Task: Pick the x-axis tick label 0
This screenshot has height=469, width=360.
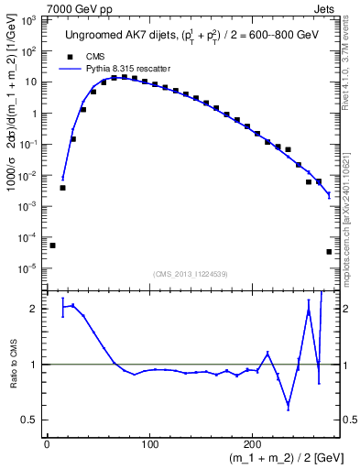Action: (x=47, y=446)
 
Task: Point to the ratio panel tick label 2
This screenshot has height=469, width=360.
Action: (x=37, y=309)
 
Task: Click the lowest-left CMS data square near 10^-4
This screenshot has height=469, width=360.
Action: (x=52, y=245)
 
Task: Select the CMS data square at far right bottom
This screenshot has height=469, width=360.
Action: (x=329, y=252)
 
